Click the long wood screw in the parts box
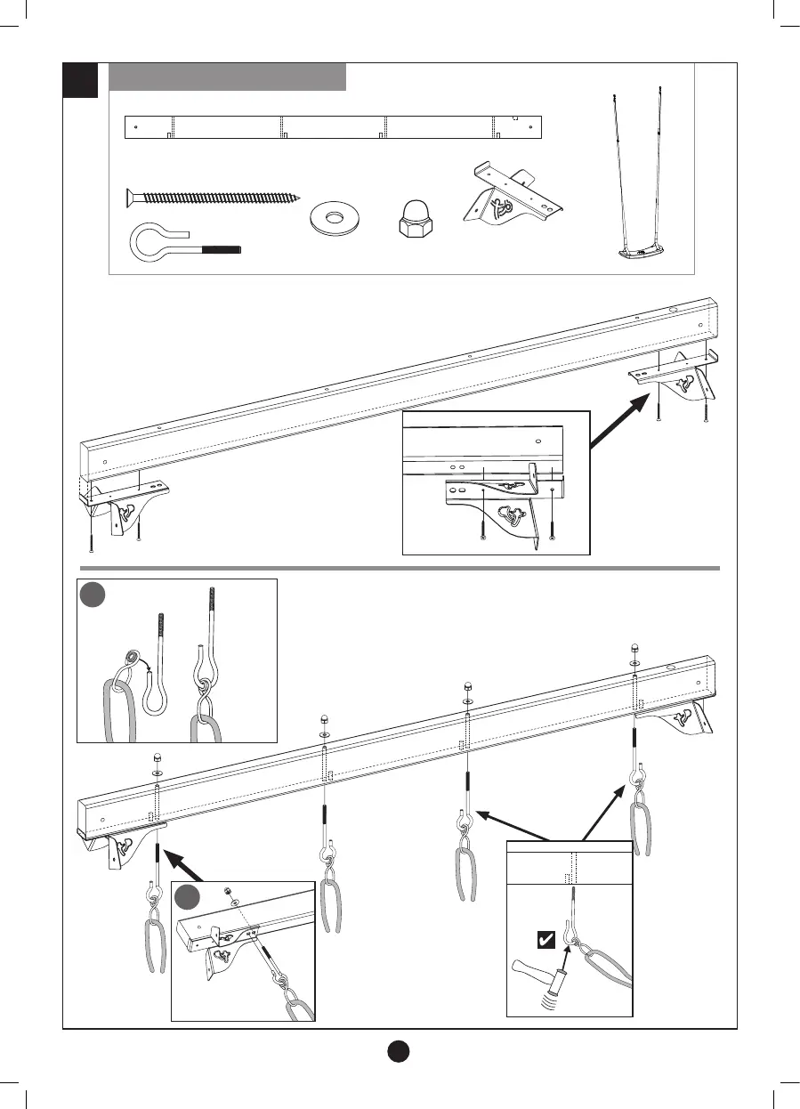click(x=214, y=196)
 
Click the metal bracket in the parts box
click(x=513, y=197)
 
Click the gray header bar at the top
click(x=227, y=77)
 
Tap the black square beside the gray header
click(x=80, y=80)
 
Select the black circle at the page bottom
click(x=400, y=1051)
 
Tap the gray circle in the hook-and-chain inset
click(x=93, y=595)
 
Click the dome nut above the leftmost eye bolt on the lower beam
click(x=158, y=757)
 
